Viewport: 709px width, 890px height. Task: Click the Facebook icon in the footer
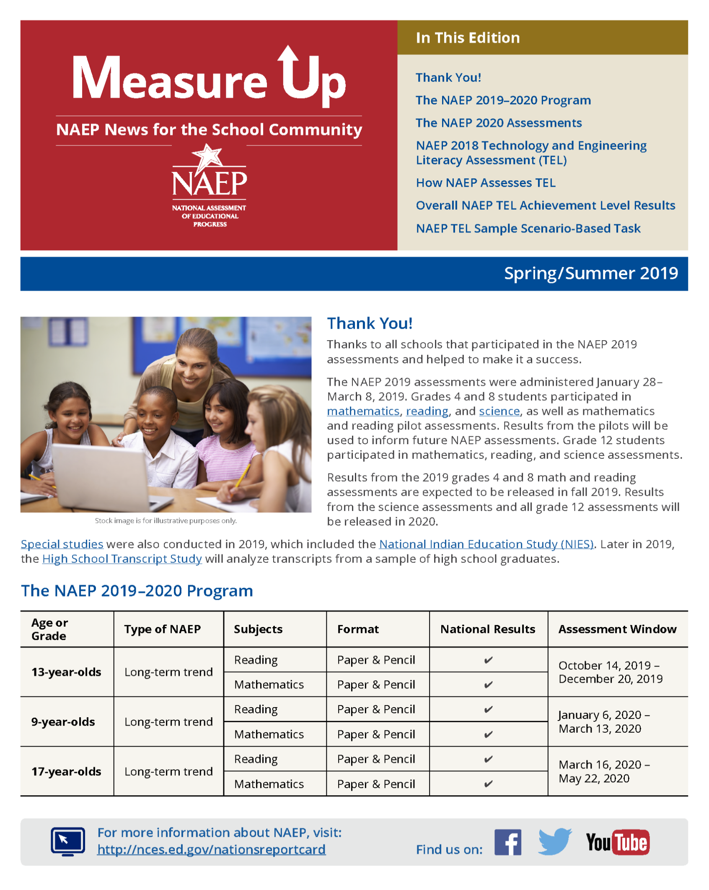pos(507,842)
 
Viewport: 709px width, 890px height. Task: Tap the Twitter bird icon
pos(555,841)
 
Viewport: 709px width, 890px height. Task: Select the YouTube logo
pos(617,842)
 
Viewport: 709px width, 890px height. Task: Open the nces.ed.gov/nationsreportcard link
pos(211,849)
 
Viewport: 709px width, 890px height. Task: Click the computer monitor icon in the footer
pos(68,841)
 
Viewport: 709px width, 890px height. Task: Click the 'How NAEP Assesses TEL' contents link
pos(485,183)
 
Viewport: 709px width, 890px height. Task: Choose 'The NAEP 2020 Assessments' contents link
pos(498,123)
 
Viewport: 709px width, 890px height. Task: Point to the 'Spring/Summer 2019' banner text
pos(590,273)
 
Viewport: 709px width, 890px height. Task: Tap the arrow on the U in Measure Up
pos(288,57)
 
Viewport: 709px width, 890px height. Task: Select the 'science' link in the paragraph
pos(499,411)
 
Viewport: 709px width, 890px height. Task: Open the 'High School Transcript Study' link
pos(122,559)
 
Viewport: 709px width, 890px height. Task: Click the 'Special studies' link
pos(62,544)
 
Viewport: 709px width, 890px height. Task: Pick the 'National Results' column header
pos(487,629)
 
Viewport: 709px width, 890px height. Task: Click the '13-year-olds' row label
pos(66,672)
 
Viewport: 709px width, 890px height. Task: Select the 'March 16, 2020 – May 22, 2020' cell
pos(604,771)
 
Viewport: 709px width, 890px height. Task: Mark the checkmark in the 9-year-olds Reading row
pos(488,710)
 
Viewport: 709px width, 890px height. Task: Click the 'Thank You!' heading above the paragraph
pos(370,323)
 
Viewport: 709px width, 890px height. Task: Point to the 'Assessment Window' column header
pos(617,629)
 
